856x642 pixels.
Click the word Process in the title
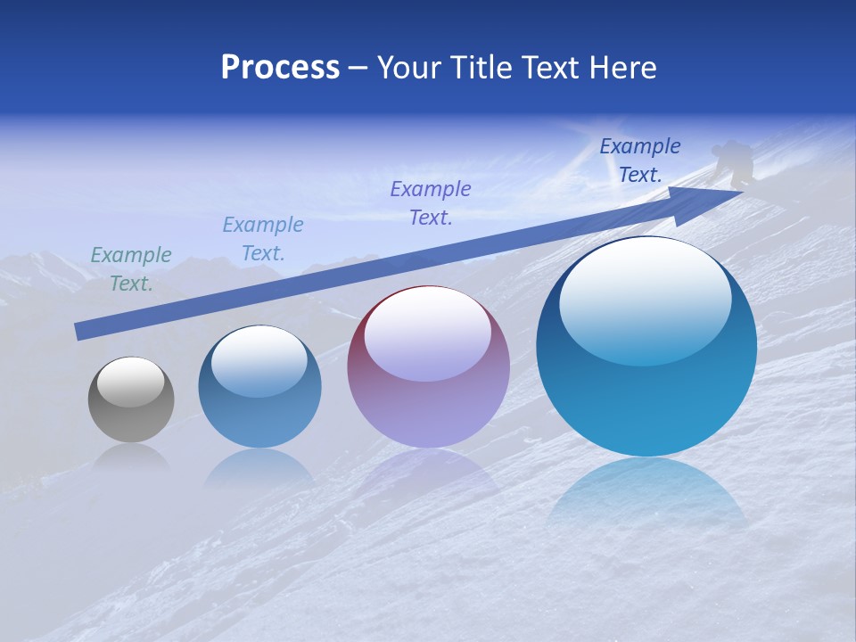[280, 68]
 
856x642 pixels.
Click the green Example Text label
[131, 269]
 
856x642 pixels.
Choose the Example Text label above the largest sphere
[640, 160]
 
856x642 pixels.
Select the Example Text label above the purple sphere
[431, 202]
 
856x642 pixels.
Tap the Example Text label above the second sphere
[263, 239]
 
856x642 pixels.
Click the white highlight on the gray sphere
[131, 382]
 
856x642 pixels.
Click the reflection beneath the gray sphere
[131, 457]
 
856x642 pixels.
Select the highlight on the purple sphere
[428, 334]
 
